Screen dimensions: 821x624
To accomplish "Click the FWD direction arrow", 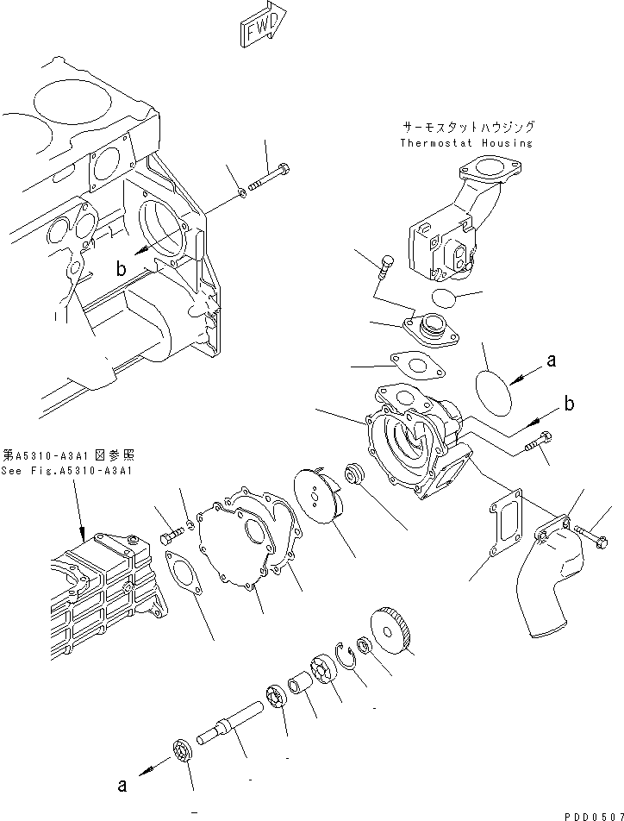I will [264, 28].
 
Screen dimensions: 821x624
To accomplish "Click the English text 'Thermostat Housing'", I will [466, 143].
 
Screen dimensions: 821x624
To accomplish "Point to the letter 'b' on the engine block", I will [121, 270].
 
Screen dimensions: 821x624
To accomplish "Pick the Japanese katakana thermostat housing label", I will [466, 126].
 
